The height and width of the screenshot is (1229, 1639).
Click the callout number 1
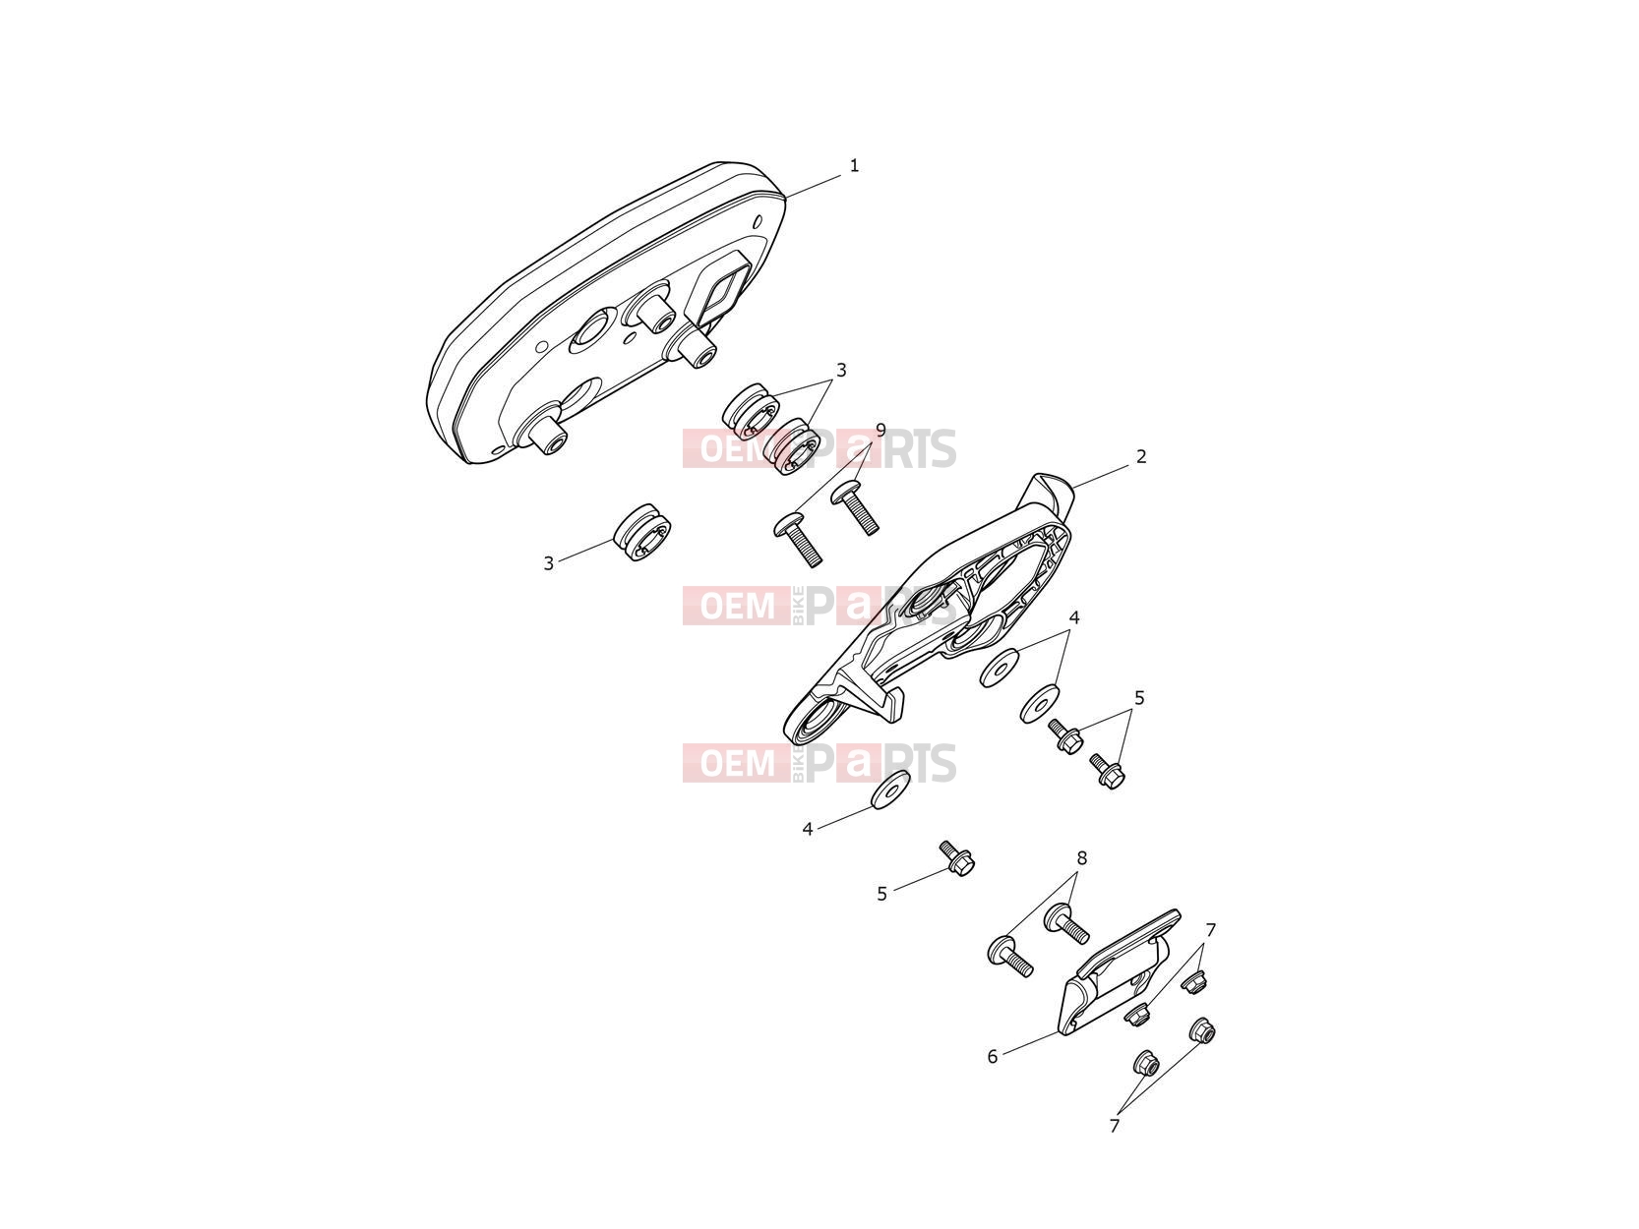pos(854,165)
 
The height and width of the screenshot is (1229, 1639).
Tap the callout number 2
pos(1141,456)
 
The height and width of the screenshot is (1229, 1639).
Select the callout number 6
pos(993,1057)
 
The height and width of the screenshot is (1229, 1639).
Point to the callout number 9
pos(880,430)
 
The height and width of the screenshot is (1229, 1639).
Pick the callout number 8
pos(1081,859)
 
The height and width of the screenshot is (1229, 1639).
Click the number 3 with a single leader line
pos(549,564)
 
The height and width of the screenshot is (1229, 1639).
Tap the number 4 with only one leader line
pos(807,829)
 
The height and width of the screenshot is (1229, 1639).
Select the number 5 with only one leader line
pos(881,894)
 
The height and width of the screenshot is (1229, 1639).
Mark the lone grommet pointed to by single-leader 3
pos(642,533)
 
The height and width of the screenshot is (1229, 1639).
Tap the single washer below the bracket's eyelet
pos(890,790)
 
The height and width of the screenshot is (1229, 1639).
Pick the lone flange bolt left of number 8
pos(957,859)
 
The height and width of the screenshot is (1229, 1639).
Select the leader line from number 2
pos(1100,478)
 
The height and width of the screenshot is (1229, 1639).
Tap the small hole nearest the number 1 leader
pos(759,221)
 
